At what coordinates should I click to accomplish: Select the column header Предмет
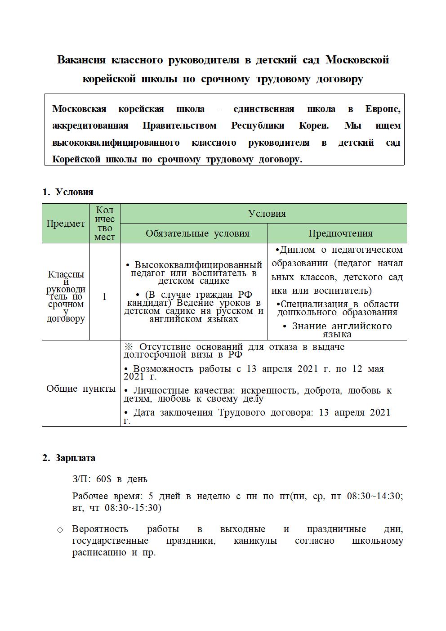tap(66, 224)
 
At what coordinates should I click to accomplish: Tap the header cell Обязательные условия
tap(197, 233)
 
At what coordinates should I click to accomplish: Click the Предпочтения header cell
tap(340, 233)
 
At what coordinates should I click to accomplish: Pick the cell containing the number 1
tap(105, 297)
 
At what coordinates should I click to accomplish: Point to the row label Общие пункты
tap(81, 389)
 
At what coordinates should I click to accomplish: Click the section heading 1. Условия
tap(68, 192)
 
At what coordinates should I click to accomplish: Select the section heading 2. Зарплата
tap(69, 458)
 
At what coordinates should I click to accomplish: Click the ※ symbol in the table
tap(128, 347)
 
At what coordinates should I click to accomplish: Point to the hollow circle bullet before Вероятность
tap(60, 530)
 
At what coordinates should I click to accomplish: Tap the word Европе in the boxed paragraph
tap(383, 109)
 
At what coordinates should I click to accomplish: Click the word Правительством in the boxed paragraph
tap(179, 125)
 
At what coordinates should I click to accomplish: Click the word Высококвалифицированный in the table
tap(198, 265)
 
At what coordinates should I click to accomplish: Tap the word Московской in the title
tap(357, 60)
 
